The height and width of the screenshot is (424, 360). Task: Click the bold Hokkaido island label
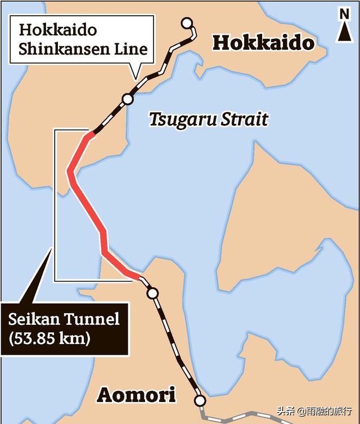(x=264, y=43)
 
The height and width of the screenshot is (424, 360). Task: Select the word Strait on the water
(x=243, y=119)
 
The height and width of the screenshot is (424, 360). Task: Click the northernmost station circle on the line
(x=187, y=23)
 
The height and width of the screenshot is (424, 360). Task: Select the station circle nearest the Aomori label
(x=200, y=400)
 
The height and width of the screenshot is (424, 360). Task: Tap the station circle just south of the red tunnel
(x=151, y=293)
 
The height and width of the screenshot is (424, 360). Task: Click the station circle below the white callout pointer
(x=128, y=99)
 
